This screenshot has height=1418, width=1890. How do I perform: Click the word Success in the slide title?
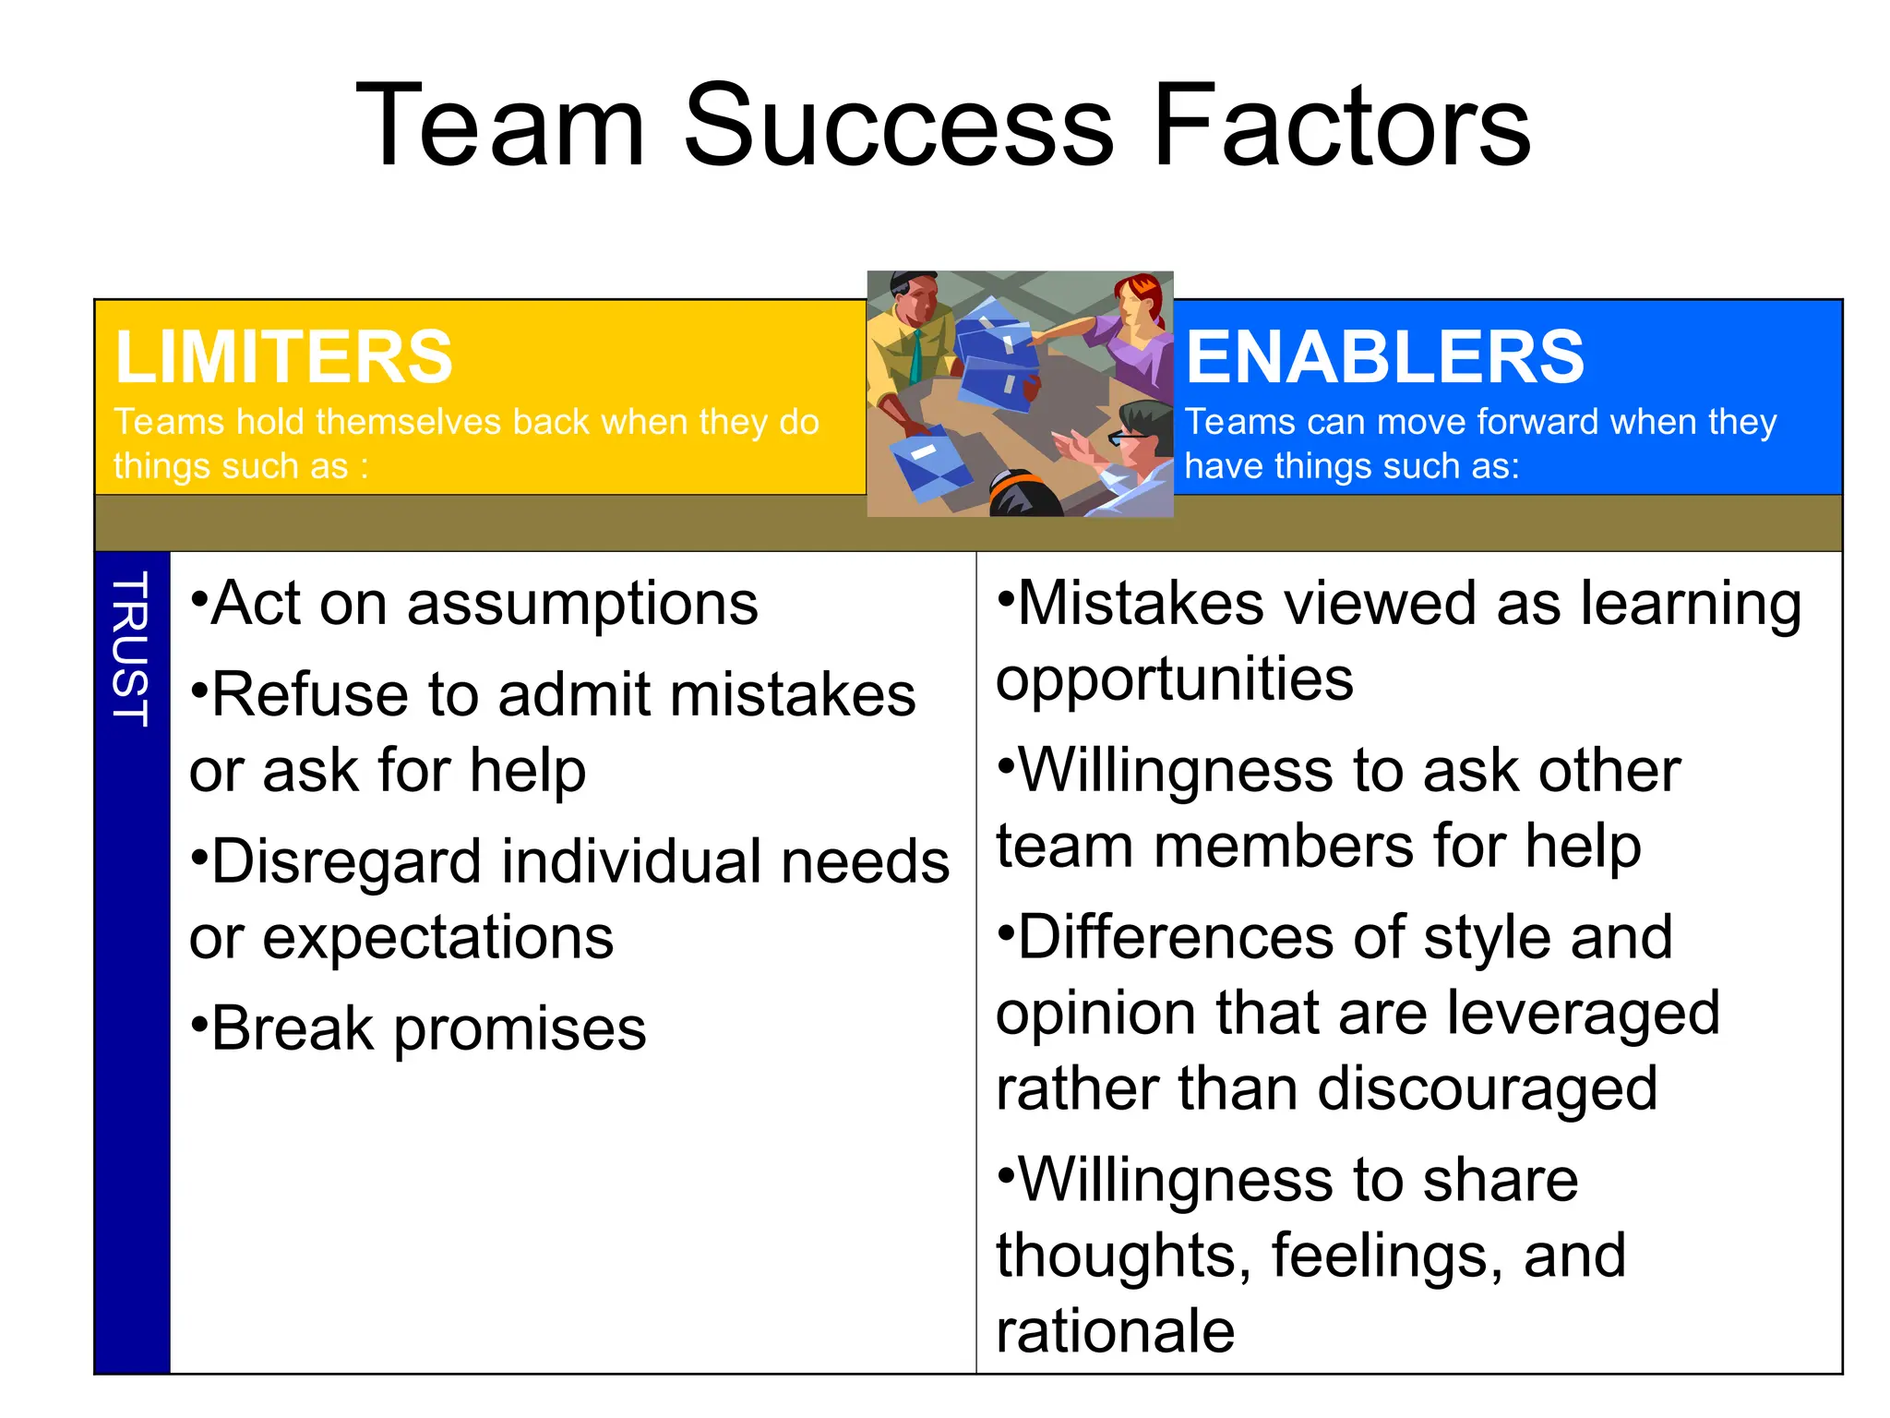[899, 126]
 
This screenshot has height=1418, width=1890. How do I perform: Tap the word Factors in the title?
[1342, 126]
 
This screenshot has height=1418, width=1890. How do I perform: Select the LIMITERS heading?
[283, 357]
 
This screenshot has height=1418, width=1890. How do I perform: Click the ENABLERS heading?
[1384, 357]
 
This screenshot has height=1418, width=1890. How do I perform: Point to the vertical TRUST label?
[131, 649]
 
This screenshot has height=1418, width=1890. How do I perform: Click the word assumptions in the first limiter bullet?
[582, 606]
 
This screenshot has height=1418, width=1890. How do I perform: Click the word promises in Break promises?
[520, 1030]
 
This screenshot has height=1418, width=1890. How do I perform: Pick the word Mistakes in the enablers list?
[1141, 605]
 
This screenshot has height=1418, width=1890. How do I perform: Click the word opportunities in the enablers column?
[1174, 680]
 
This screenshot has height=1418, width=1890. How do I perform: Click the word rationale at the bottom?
[1115, 1331]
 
